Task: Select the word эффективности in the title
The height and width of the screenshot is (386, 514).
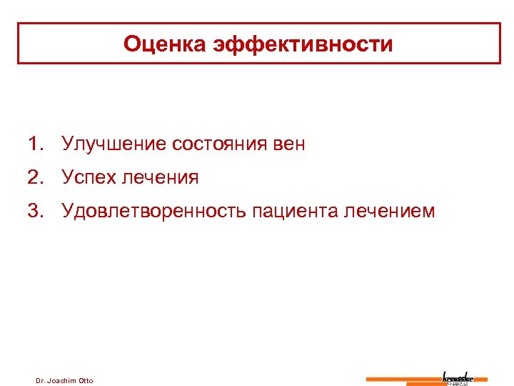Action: [302, 44]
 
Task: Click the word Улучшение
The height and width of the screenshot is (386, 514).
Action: [114, 144]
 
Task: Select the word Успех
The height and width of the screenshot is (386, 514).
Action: [89, 177]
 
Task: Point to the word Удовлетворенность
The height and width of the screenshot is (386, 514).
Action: [155, 211]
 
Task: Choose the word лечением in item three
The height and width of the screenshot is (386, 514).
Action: [389, 211]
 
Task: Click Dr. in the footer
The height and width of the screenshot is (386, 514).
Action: [41, 380]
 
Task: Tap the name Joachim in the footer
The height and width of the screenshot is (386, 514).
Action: [64, 380]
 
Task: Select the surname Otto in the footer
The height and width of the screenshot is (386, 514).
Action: [86, 380]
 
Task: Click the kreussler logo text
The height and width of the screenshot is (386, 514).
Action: [458, 376]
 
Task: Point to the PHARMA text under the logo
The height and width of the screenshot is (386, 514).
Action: [458, 383]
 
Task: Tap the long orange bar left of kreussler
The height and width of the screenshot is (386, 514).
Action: [403, 379]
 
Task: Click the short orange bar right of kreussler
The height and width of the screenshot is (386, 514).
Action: [481, 379]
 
